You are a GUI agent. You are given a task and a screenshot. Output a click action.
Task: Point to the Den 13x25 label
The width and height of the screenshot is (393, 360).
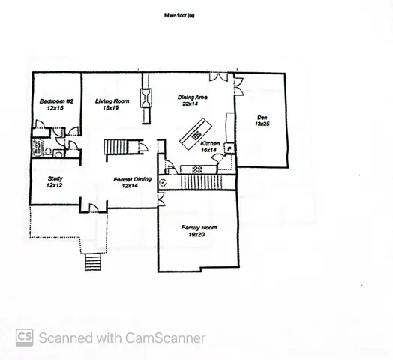pyautogui.click(x=262, y=121)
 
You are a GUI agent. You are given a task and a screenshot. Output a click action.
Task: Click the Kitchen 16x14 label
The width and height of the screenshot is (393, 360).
pyautogui.click(x=209, y=146)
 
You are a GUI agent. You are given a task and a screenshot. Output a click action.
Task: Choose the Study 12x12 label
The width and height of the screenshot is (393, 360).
pyautogui.click(x=54, y=182)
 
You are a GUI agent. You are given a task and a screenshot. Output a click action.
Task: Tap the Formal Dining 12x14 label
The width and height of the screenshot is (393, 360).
pyautogui.click(x=132, y=182)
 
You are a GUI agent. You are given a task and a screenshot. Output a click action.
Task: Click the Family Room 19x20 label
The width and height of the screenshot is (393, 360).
pyautogui.click(x=198, y=230)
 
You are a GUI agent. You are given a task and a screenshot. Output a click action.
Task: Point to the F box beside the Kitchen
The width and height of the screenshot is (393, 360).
pyautogui.click(x=229, y=148)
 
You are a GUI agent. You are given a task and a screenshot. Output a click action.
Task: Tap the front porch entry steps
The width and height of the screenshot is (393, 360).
pyautogui.click(x=92, y=262)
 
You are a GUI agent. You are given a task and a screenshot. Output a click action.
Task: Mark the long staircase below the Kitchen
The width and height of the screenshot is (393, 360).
pyautogui.click(x=198, y=181)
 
